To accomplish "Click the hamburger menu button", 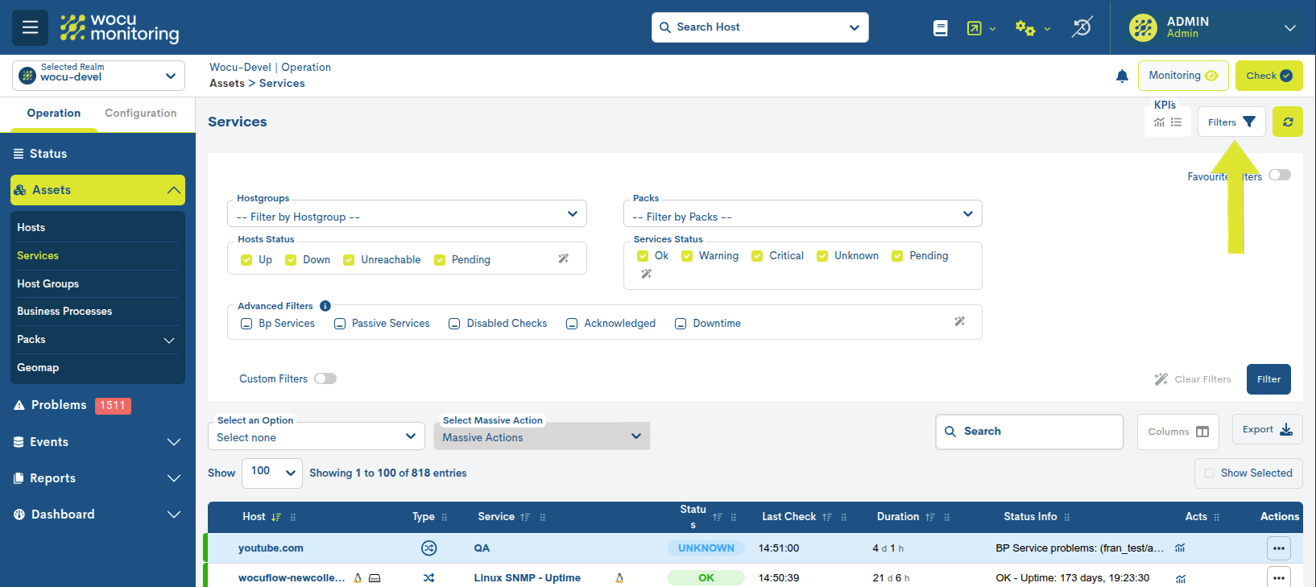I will [x=30, y=27].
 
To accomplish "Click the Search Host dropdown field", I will [x=759, y=27].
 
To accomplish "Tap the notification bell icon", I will [x=1122, y=76].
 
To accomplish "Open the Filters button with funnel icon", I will [x=1231, y=122].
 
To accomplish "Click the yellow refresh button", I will [x=1287, y=122].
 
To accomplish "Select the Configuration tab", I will [x=140, y=114].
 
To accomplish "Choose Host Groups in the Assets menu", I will [x=48, y=283].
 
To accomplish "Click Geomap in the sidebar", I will [x=38, y=368].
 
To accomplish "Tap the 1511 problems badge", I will [x=112, y=406].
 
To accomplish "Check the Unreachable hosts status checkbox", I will [x=350, y=260].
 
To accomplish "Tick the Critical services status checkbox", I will [x=757, y=256].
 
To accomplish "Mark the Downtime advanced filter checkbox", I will [x=681, y=324].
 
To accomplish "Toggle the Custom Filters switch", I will [x=325, y=378].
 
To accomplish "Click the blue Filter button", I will [x=1268, y=379].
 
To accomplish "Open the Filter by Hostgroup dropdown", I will [x=407, y=214].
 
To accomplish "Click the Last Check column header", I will [x=788, y=517].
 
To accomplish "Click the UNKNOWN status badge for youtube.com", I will [x=706, y=548].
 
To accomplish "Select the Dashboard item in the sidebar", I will [x=63, y=515].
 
